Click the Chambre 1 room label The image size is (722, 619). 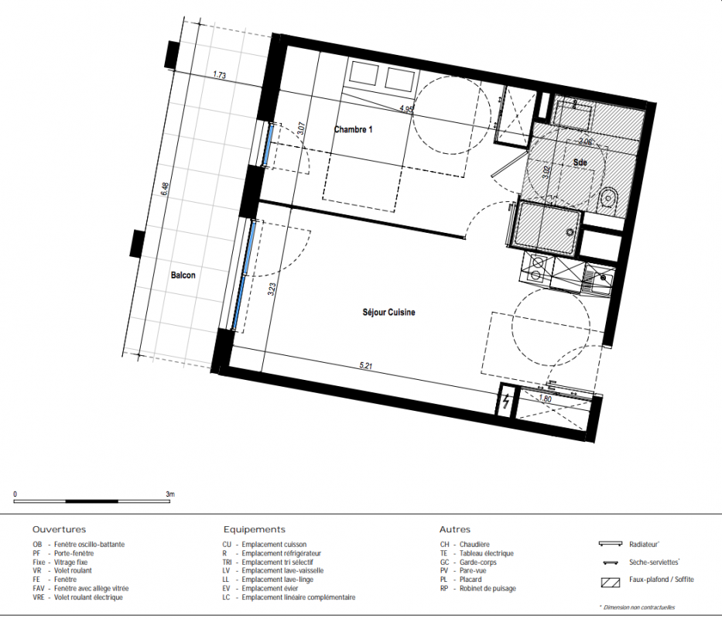click(353, 129)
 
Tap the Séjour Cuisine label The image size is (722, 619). click(388, 313)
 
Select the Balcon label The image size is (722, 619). click(183, 275)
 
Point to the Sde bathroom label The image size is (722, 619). click(580, 162)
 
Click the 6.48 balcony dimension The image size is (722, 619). click(165, 190)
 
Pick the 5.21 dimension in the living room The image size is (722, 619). click(365, 366)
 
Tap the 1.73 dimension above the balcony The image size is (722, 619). click(219, 74)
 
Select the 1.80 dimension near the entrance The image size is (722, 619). click(545, 398)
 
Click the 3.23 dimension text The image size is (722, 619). click(272, 289)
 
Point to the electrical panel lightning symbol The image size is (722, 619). click(506, 402)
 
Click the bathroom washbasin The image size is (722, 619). click(609, 199)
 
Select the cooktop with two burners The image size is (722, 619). click(536, 268)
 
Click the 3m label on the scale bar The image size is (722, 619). click(170, 494)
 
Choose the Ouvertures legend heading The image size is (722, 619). click(59, 530)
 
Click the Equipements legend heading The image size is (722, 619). click(254, 530)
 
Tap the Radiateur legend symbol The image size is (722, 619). click(611, 544)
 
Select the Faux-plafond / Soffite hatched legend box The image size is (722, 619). click(611, 582)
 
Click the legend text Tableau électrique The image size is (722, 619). click(486, 553)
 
